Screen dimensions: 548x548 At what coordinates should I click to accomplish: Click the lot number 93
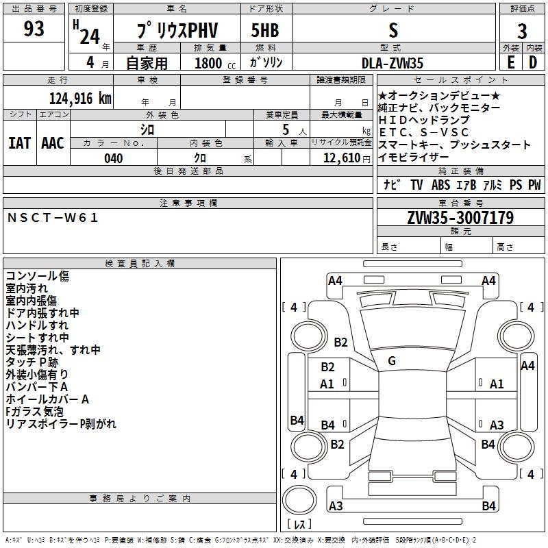pos(34,29)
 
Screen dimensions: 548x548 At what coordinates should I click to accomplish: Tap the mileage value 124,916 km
pos(80,99)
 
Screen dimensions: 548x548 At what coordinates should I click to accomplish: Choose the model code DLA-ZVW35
pos(393,63)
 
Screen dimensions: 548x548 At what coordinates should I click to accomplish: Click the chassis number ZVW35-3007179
pos(460,218)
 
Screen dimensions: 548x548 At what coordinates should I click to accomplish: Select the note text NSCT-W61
pos(53,218)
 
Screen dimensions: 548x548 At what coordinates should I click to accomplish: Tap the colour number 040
pos(113,158)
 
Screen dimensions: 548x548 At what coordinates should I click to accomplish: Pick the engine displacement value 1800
pos(208,64)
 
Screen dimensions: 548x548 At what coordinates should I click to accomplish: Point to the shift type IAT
pos(20,142)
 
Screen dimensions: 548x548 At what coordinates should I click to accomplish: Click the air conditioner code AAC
pos(53,142)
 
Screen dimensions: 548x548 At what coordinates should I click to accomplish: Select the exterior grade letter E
pos(510,63)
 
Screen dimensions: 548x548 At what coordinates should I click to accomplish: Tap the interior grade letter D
pos(533,63)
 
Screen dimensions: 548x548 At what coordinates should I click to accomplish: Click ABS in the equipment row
pos(440,185)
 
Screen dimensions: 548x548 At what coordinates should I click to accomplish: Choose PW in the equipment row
pos(534,185)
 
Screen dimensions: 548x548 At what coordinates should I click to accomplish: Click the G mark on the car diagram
pos(392,361)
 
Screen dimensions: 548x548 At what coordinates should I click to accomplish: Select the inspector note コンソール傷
pos(37,276)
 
